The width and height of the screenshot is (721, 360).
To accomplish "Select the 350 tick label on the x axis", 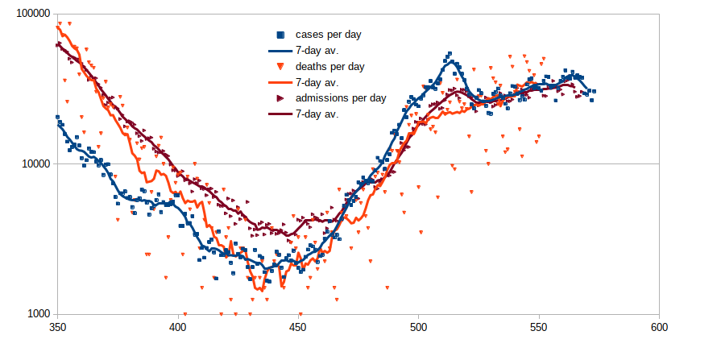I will [57, 328].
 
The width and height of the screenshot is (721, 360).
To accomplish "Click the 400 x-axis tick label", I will [178, 328].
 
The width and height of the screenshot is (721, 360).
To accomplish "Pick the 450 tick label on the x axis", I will [298, 328].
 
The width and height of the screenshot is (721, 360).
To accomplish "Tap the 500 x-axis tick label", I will [418, 328].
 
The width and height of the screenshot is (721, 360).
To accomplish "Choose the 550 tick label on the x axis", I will [539, 328].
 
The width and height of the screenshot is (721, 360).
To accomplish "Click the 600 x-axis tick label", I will [659, 328].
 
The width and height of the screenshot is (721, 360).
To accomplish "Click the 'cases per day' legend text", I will [328, 35].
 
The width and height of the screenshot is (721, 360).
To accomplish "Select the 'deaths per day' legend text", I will [330, 66].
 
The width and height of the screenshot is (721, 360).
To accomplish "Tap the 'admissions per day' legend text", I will [341, 97].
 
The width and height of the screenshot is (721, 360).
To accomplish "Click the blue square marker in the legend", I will [280, 35].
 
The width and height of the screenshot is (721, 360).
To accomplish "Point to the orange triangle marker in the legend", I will [280, 66].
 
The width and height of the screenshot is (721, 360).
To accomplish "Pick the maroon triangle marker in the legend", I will [280, 97].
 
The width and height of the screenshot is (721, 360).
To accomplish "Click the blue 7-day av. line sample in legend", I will [280, 50].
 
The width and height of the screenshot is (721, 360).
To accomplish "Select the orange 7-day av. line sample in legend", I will [280, 82].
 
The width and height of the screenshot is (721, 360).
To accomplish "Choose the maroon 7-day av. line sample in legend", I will [280, 114].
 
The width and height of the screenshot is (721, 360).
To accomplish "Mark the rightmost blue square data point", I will [594, 91].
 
